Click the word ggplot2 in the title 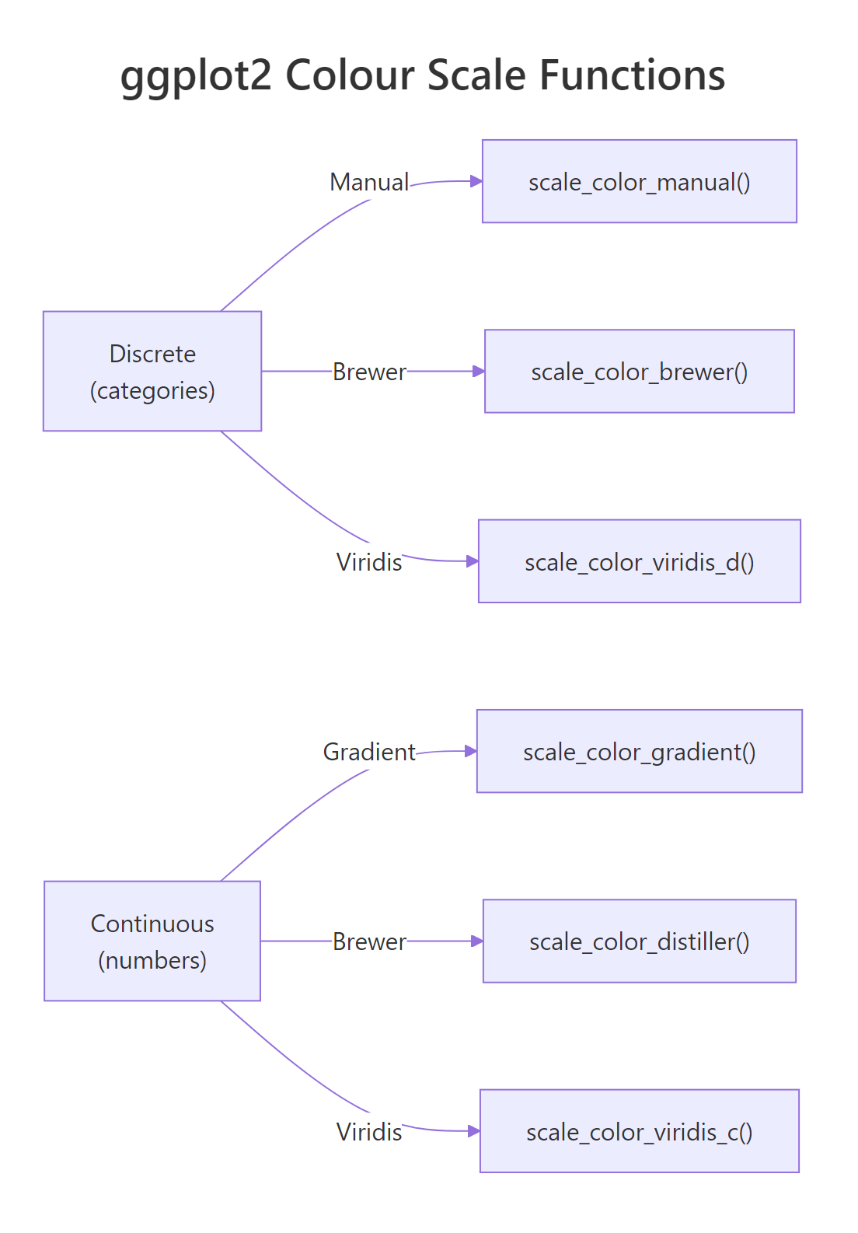(196, 76)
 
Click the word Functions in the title (632, 75)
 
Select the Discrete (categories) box (152, 371)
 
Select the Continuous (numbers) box (152, 941)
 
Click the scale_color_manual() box (639, 181)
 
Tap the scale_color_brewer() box (639, 371)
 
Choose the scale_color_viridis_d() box (639, 561)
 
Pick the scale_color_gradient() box (639, 751)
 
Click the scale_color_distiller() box (639, 941)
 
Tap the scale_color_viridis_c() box (639, 1130)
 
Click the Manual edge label (369, 182)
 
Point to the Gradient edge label (369, 752)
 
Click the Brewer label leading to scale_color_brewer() (369, 372)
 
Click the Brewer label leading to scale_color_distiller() (369, 941)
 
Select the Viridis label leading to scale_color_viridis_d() (369, 561)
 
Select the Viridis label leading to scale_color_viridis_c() (369, 1131)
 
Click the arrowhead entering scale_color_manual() (476, 181)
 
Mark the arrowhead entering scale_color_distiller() (477, 941)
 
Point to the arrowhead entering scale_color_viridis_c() (474, 1130)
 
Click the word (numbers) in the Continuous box (152, 960)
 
